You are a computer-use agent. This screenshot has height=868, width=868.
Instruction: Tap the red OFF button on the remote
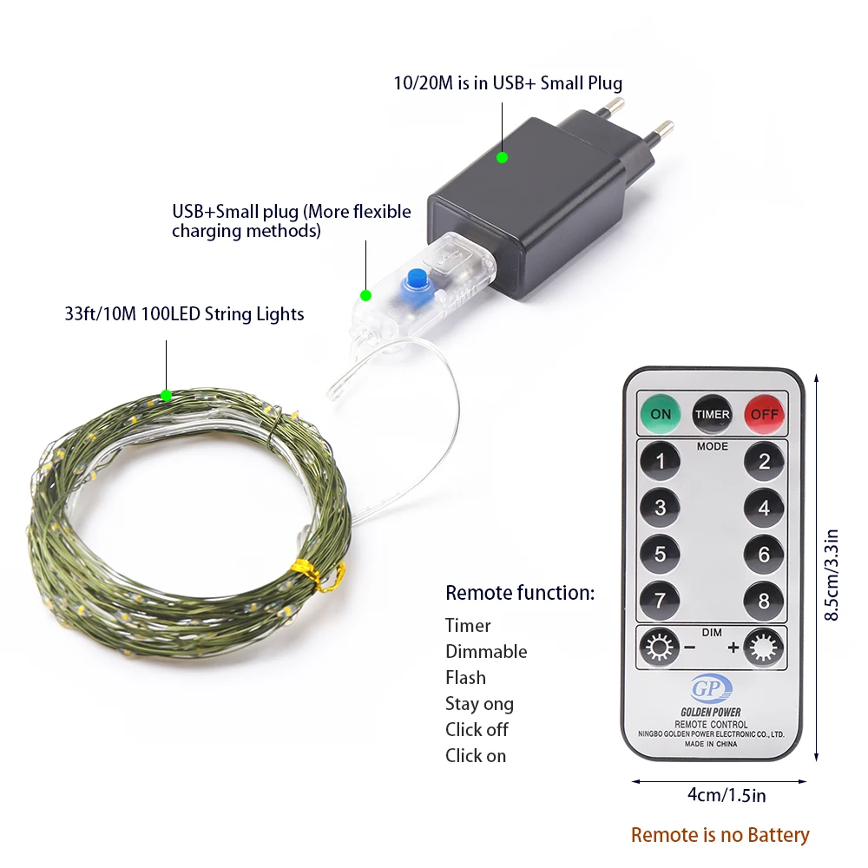pyautogui.click(x=764, y=413)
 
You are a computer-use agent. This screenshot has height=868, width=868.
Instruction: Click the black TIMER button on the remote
pyautogui.click(x=712, y=414)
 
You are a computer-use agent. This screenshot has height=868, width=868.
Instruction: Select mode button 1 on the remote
pyautogui.click(x=660, y=461)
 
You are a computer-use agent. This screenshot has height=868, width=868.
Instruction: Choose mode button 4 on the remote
pyautogui.click(x=764, y=507)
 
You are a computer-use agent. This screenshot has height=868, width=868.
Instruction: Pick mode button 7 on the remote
pyautogui.click(x=660, y=600)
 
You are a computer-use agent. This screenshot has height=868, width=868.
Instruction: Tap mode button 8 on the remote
pyautogui.click(x=764, y=600)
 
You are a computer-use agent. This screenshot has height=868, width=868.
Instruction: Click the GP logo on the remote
pyautogui.click(x=711, y=690)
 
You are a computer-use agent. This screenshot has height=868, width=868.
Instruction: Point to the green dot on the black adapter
pyautogui.click(x=502, y=157)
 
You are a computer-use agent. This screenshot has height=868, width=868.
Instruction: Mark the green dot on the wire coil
pyautogui.click(x=166, y=396)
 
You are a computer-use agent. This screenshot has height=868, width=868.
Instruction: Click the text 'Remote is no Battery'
pyautogui.click(x=720, y=835)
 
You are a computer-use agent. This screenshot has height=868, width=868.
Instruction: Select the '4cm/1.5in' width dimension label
pyautogui.click(x=720, y=794)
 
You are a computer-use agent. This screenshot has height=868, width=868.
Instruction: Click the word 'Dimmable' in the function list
pyautogui.click(x=486, y=651)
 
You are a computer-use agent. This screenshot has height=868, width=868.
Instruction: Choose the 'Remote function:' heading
pyautogui.click(x=520, y=593)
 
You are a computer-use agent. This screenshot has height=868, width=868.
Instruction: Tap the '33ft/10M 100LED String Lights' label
pyautogui.click(x=184, y=313)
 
